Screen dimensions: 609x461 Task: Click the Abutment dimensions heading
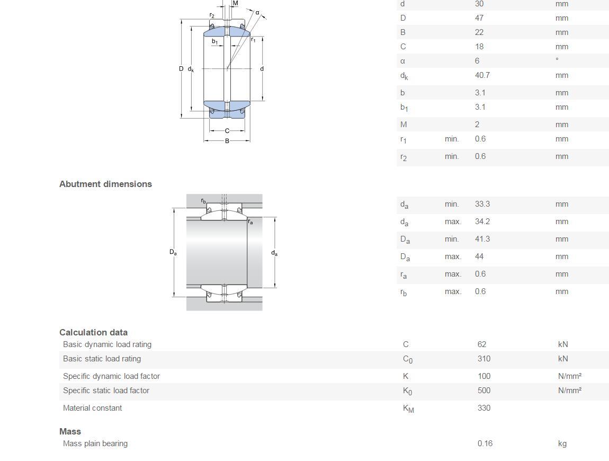click(105, 184)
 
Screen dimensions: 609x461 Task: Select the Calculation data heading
click(93, 332)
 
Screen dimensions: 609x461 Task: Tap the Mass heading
click(70, 431)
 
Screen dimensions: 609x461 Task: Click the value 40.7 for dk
click(482, 75)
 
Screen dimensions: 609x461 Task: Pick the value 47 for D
click(479, 18)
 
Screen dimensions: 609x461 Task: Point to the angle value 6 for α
click(477, 60)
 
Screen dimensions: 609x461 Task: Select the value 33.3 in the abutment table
click(482, 204)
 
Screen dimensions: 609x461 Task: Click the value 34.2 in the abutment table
click(482, 221)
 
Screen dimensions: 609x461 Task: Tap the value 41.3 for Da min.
click(482, 239)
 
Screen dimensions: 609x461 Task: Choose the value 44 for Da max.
click(479, 256)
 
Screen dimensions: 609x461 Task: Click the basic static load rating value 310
click(484, 359)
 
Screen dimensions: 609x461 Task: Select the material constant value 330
click(484, 408)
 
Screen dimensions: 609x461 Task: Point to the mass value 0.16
click(485, 444)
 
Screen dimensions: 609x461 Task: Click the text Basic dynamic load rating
click(107, 344)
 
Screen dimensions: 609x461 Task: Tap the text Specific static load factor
click(106, 391)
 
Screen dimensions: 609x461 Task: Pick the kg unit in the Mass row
click(562, 444)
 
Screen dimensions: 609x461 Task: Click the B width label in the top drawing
click(227, 141)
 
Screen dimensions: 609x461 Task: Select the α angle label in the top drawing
click(257, 12)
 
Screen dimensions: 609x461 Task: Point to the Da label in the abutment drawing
click(173, 252)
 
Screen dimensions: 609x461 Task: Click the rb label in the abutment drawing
click(203, 201)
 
